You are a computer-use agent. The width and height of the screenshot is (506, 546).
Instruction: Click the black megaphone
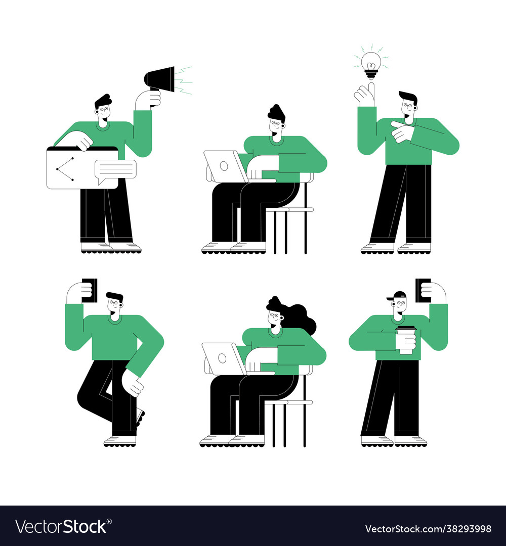point(161,79)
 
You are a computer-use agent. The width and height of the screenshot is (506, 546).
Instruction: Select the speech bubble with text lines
point(116,170)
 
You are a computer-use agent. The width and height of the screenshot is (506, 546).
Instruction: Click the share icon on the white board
point(65,169)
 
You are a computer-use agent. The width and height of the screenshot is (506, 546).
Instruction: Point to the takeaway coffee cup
point(405,339)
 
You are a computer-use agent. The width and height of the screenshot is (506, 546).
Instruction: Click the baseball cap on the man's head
point(398,295)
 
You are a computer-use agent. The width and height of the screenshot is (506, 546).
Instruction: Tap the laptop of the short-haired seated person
point(225,166)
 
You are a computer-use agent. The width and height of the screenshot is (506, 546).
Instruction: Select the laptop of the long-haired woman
point(223,358)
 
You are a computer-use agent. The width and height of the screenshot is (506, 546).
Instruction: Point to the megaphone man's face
point(103,111)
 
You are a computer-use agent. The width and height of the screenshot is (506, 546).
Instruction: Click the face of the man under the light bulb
point(407,107)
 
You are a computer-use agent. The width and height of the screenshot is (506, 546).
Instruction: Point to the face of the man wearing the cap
point(400,305)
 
